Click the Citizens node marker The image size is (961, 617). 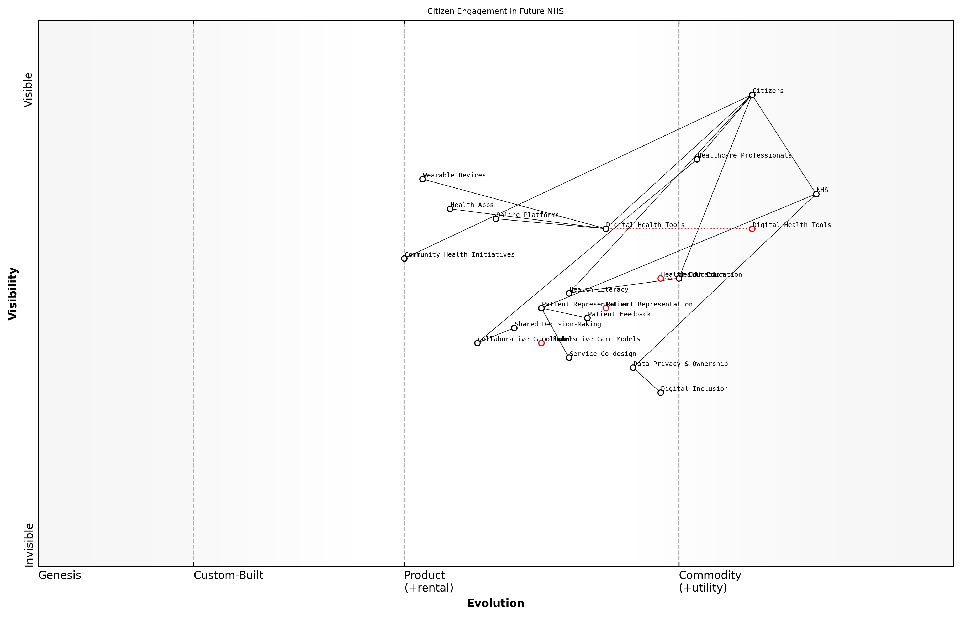point(752,95)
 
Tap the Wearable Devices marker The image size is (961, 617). point(423,179)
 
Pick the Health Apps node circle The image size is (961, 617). point(450,209)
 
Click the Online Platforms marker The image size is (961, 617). point(496,219)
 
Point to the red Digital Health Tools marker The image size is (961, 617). point(752,229)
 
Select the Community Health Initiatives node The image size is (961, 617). point(404,258)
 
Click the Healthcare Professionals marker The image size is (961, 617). point(697,159)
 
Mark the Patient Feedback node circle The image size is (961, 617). point(587,318)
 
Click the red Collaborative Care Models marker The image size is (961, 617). point(541,343)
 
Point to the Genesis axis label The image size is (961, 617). point(60,575)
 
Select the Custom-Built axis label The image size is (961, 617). point(228,575)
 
